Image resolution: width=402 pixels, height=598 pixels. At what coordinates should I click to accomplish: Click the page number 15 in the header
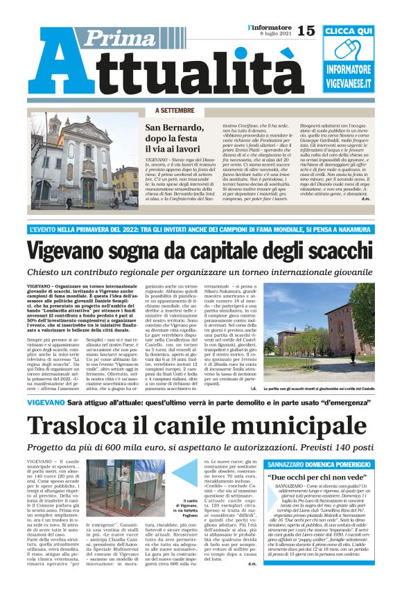pos(306,31)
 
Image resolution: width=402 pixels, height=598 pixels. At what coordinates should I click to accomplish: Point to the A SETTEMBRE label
pos(175,111)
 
